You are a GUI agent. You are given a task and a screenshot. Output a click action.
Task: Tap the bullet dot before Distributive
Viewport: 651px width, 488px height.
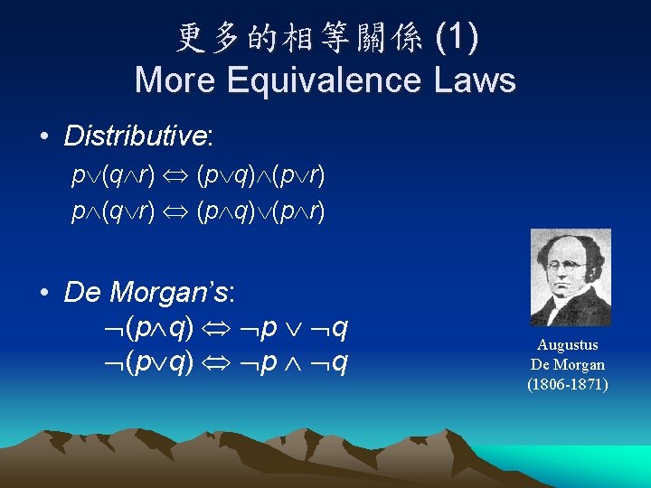(x=43, y=137)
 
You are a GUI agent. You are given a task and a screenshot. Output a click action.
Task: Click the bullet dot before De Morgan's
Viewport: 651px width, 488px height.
(x=43, y=294)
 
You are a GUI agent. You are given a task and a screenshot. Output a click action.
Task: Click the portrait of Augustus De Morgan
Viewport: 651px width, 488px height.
(x=570, y=277)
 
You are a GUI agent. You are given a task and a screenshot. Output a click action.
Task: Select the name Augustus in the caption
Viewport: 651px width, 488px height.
(x=568, y=345)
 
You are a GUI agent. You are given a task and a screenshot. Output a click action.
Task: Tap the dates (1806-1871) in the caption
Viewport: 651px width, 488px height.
(x=568, y=384)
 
